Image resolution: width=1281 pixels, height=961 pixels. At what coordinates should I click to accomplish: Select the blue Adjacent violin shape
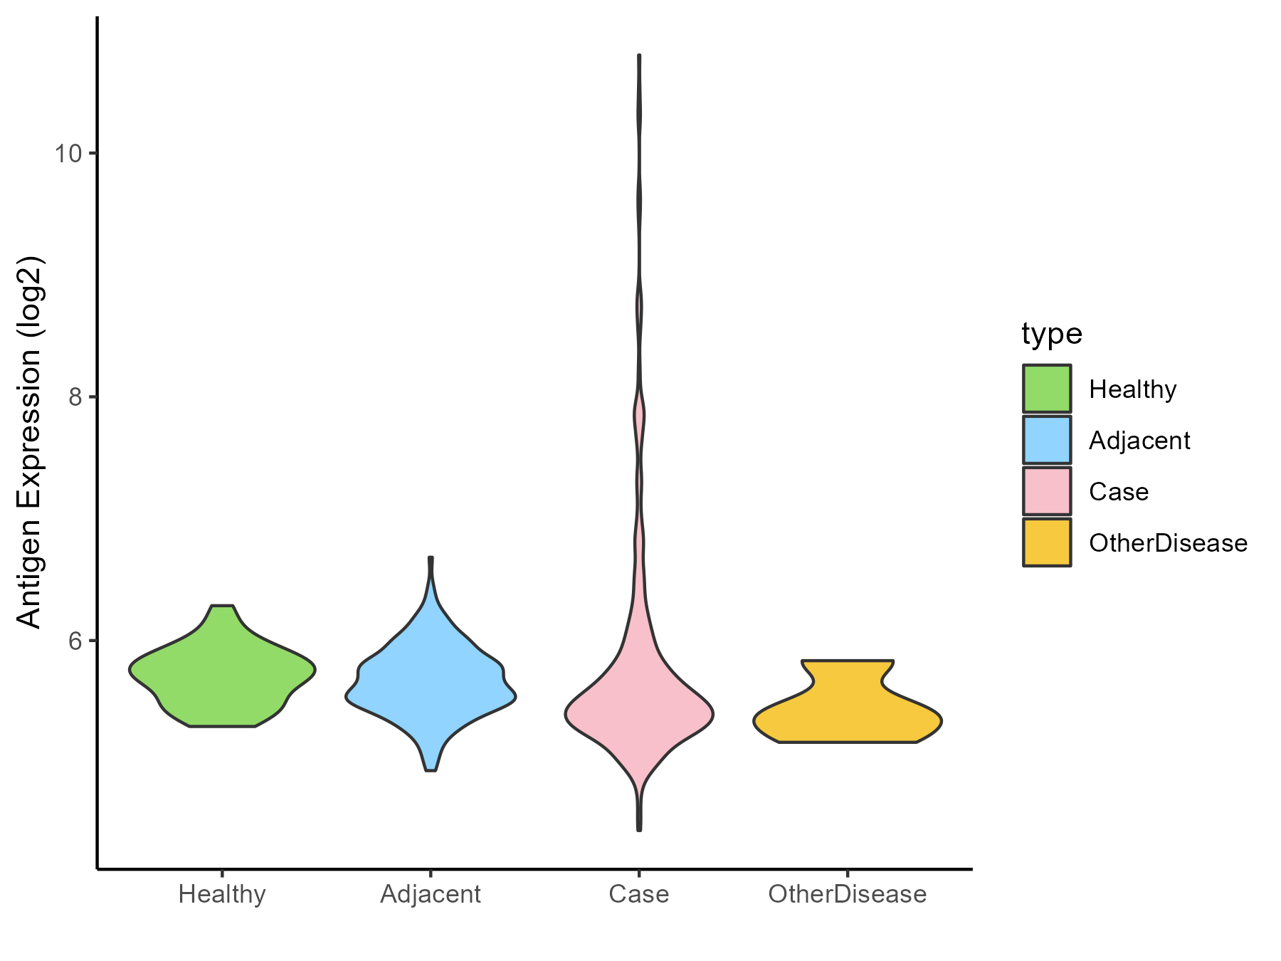pos(431,683)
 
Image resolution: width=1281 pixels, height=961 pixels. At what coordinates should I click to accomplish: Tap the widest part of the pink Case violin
pos(639,715)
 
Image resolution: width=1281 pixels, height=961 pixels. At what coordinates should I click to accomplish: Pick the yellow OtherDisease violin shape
pos(847,712)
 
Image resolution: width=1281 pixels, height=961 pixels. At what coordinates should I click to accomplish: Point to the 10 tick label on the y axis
pos(68,153)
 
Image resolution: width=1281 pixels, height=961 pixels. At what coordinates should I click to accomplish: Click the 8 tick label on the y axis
pos(75,397)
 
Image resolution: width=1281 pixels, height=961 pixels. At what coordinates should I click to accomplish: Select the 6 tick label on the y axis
pos(75,641)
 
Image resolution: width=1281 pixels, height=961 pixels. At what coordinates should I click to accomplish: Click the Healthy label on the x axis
pos(222,894)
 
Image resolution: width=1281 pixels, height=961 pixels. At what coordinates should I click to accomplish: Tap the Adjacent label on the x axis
pos(431,894)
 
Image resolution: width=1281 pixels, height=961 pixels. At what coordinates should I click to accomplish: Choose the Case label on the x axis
pos(639,894)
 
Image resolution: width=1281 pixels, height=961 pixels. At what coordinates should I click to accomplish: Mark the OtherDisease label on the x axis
pos(847,894)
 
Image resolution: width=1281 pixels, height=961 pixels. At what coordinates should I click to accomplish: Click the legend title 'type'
pos(1051,333)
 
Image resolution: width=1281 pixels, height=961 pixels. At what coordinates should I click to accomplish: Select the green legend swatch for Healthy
pos(1047,389)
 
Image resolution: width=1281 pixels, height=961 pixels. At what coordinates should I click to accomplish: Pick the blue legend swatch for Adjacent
pos(1047,440)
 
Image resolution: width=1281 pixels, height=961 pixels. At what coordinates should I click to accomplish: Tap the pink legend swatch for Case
pos(1047,491)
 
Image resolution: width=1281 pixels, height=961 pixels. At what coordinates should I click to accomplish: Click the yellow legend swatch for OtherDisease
pos(1047,542)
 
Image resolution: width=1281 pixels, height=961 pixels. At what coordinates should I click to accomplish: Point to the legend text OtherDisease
pos(1168,543)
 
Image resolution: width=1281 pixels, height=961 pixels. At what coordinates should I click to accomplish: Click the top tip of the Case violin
pos(639,56)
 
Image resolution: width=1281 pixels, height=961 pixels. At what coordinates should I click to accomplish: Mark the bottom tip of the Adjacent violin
pos(431,770)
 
